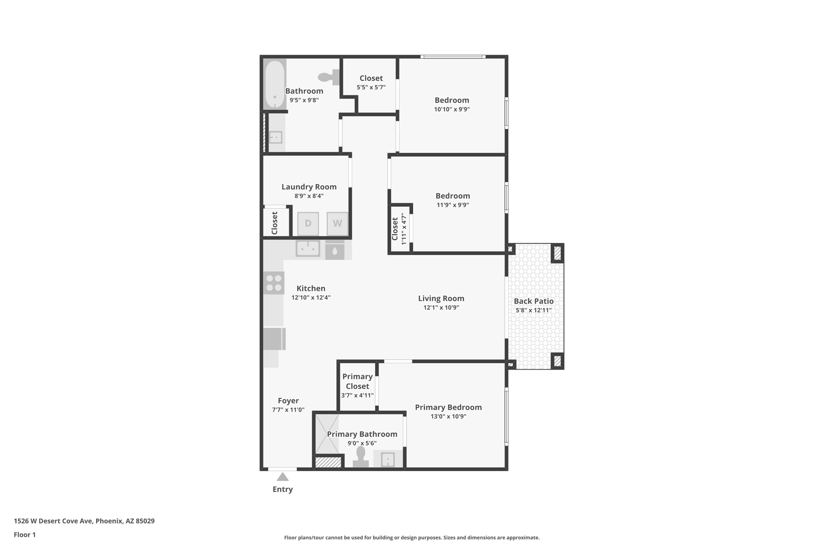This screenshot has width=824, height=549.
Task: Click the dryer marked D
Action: pos(308,223)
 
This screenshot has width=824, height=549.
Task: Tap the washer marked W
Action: pos(337,223)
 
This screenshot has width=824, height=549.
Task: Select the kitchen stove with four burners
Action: pos(274,283)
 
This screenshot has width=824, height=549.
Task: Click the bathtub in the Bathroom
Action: pos(275,84)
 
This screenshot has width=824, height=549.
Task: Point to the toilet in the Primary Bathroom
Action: pos(360,458)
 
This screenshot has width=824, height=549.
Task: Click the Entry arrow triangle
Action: pos(282,477)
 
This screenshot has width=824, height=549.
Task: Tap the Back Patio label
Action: pos(534,301)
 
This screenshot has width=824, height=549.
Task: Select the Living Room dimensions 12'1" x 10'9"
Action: pos(441,308)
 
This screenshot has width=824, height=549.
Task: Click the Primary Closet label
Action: pos(357,381)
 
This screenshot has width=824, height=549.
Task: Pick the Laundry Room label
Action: pos(309,187)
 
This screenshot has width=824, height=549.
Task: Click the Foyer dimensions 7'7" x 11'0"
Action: pos(288,410)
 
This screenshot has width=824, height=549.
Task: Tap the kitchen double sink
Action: pos(308,249)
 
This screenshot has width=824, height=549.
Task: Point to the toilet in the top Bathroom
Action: pos(328,77)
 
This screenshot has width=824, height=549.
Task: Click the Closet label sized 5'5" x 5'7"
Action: pos(371,78)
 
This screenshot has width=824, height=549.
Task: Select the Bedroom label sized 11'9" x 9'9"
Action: pos(453,196)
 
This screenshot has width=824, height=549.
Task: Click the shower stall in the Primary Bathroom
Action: pos(326,434)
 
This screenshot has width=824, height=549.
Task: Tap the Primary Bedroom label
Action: pos(448,407)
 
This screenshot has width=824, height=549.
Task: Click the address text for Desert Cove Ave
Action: pos(84,521)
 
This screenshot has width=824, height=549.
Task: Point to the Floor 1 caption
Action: pos(25,535)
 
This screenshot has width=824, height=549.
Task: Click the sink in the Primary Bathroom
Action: pos(387,459)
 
